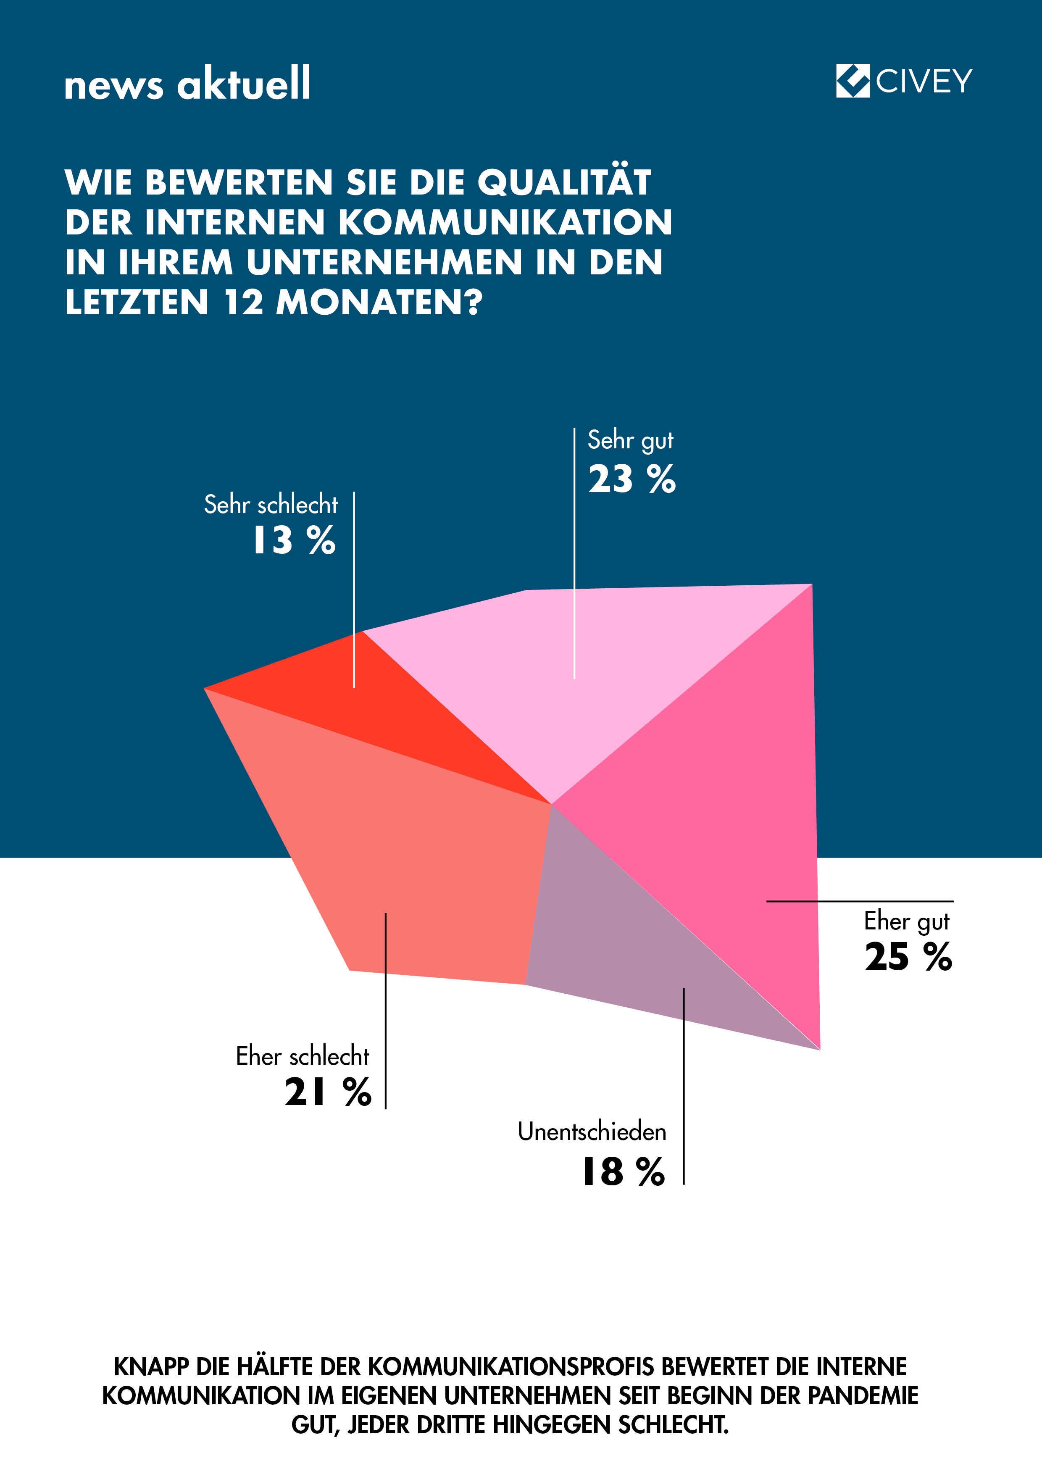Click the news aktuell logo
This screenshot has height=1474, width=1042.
click(187, 84)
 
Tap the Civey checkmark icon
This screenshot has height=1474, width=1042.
click(853, 81)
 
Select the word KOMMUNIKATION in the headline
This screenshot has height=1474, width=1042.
click(505, 222)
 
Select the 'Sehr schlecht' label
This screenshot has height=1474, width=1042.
click(270, 505)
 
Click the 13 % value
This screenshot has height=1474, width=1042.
click(293, 540)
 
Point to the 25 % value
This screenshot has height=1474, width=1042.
click(908, 957)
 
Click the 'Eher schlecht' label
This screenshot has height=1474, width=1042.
click(303, 1056)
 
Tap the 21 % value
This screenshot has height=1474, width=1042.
click(327, 1092)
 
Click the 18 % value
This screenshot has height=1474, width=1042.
click(623, 1171)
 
